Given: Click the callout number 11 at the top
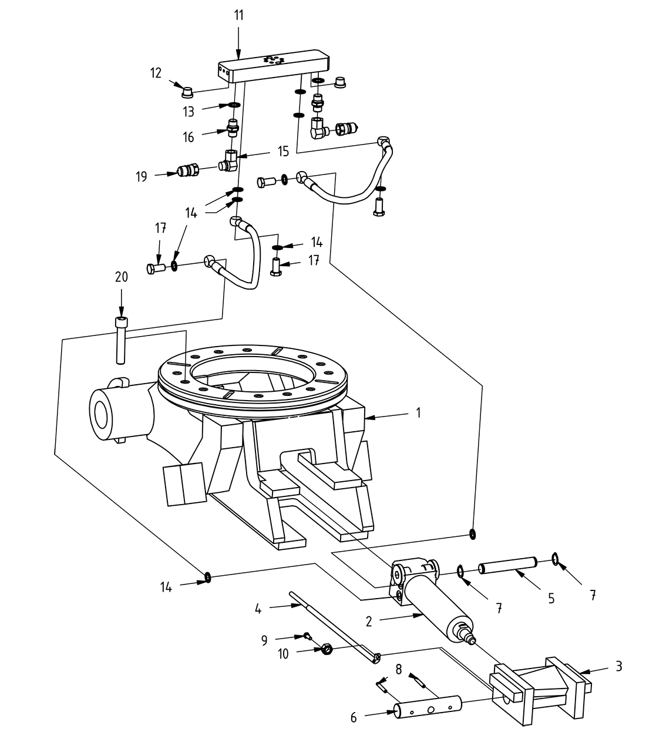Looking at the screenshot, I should click(x=238, y=15).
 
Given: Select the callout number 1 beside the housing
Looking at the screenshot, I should click(x=418, y=413).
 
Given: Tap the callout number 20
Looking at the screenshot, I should click(x=121, y=277).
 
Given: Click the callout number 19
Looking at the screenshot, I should click(x=142, y=176).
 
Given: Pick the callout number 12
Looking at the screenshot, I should click(x=156, y=73).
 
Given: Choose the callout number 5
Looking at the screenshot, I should click(x=551, y=598).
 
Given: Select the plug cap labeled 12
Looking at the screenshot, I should click(x=187, y=91).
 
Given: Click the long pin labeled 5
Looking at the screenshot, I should click(x=508, y=567).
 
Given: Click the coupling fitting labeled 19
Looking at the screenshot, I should click(x=187, y=172).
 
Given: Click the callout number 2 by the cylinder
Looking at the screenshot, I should click(x=368, y=620).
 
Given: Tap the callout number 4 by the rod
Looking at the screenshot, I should click(x=258, y=609).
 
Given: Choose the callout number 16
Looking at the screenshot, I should click(x=189, y=137).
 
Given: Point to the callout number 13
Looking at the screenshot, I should click(x=189, y=111).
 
